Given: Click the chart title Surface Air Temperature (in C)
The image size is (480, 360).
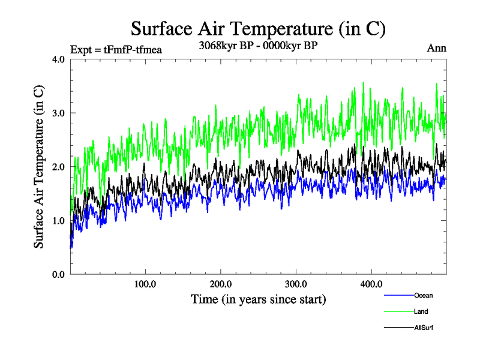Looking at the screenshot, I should coord(258,28).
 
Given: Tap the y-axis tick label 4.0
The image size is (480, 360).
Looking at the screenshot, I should coord(59,59).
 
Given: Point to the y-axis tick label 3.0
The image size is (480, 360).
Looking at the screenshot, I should coord(59,113).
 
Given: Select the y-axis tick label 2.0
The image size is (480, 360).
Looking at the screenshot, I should coord(59,167).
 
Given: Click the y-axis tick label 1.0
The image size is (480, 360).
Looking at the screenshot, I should coord(59,221).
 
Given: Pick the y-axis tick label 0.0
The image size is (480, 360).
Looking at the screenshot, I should coord(59,274).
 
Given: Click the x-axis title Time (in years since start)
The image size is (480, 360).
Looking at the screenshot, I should coord(258,299).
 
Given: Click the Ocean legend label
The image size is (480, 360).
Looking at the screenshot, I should coord(423,295).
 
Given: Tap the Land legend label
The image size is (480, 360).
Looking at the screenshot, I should coord(421,311).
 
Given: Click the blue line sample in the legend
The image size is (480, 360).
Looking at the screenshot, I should coord(398,295).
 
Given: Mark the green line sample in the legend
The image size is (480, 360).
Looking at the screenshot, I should coord(398,311).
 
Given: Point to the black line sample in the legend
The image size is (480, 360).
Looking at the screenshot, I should coord(398,328).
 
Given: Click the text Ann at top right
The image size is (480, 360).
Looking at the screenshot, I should coord(436,48).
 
